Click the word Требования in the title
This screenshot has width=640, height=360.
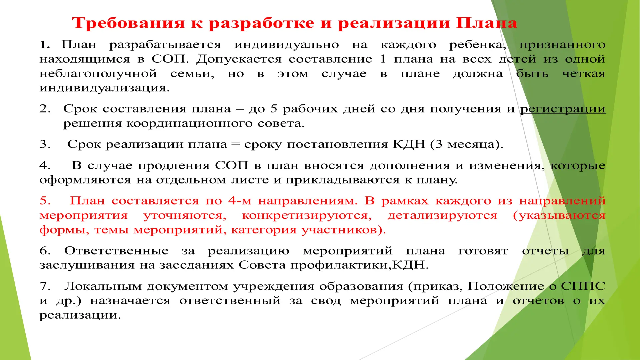pos(128,23)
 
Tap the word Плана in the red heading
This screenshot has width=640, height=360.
pos(486,23)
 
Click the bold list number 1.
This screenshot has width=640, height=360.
pos(45,45)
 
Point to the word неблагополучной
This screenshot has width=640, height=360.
pos(98,74)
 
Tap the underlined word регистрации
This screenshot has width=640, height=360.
pos(563,109)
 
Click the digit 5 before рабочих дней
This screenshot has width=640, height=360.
pos(274,109)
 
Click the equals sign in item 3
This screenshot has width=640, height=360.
pos(235,144)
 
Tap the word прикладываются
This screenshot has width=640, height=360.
pos(342,180)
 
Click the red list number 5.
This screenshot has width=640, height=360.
pos(45,201)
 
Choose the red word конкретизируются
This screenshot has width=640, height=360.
pos(307,216)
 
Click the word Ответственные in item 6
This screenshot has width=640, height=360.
pos(116,251)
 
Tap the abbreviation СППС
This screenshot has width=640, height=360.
pos(583,286)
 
